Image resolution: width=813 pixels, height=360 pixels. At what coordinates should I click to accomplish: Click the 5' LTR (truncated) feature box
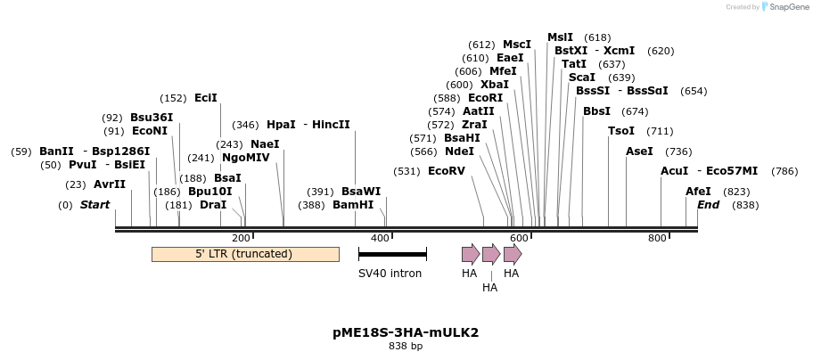244,254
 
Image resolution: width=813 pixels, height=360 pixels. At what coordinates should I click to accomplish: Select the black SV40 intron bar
392,255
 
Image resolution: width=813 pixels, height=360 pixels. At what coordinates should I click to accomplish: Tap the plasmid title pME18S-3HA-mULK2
406,332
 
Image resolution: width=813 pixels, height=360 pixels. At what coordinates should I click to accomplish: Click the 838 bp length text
406,346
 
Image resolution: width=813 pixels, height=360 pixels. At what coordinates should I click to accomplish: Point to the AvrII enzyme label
110,184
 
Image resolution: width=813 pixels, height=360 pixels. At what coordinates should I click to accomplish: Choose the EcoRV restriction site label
447,170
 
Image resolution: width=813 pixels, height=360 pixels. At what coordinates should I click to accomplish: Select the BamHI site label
353,205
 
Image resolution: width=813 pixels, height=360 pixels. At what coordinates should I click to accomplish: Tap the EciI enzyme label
206,98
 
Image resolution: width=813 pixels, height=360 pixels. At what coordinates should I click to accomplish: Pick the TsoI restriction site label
621,131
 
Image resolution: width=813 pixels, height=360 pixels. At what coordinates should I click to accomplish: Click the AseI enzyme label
639,151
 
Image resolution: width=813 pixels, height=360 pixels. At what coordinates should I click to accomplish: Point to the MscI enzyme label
517,45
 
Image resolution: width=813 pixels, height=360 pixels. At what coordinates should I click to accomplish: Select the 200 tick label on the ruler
241,238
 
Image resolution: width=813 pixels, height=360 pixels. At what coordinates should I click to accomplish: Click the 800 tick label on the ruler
657,238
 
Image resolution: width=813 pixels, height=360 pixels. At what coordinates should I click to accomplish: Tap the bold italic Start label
94,205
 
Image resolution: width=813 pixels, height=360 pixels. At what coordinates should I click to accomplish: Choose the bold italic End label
708,205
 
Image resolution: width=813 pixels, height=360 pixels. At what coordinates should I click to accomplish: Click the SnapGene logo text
784,7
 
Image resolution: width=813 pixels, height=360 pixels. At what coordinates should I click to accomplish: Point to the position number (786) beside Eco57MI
784,170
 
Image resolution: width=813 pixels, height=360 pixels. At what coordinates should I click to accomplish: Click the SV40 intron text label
390,274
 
